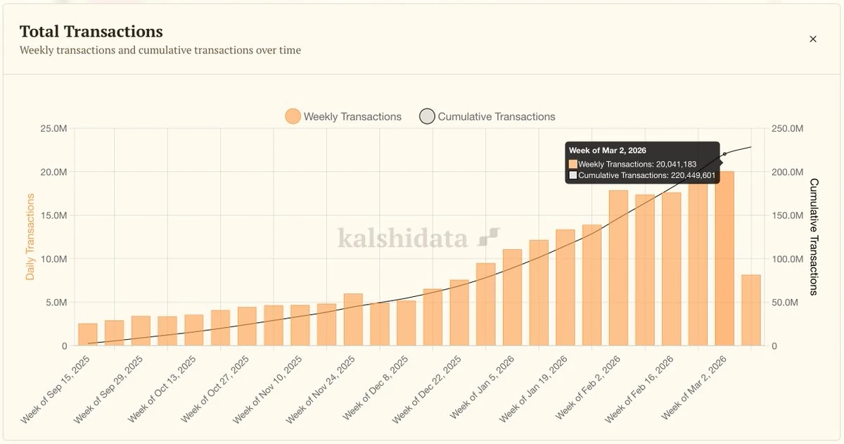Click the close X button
[813, 39]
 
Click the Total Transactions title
[91, 32]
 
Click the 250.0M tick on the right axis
[787, 129]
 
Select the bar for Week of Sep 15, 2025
[88, 335]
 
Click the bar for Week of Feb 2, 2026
[618, 268]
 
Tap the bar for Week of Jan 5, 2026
[512, 298]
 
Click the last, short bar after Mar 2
[750, 310]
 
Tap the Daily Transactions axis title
[30, 237]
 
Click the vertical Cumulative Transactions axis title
[814, 237]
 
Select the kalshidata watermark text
[402, 238]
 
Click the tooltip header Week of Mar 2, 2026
[608, 151]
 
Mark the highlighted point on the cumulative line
[724, 154]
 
